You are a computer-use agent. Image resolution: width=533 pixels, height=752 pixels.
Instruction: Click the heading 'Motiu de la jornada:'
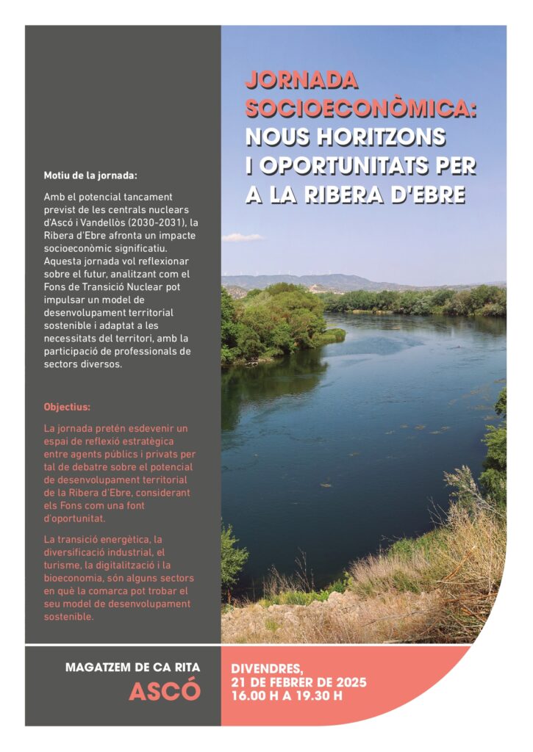click(90, 176)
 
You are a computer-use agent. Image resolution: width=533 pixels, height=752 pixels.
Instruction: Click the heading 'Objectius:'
click(67, 406)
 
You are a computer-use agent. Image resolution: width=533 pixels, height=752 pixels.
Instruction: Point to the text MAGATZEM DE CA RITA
click(132, 668)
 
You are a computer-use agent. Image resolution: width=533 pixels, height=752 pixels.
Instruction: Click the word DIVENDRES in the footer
click(267, 669)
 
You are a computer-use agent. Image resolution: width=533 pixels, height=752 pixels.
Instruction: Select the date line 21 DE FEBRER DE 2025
click(298, 682)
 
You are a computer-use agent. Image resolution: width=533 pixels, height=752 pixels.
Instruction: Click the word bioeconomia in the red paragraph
click(76, 578)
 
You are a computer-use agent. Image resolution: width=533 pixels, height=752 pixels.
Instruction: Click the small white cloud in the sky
click(243, 237)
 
